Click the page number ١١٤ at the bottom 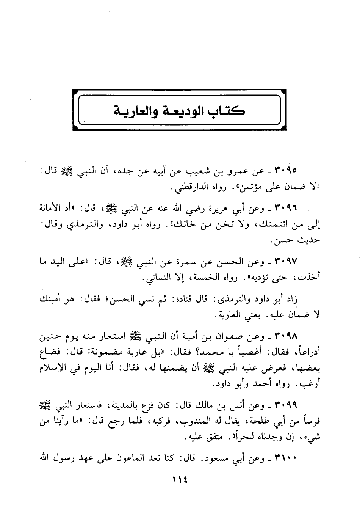tap(180, 479)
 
